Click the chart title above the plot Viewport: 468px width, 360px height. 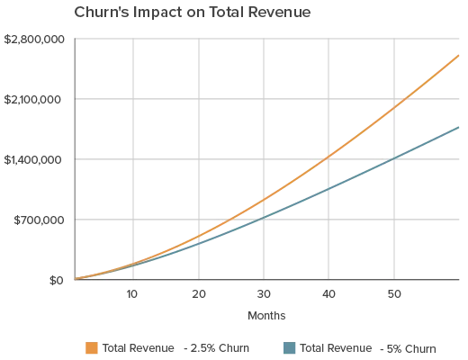pyautogui.click(x=193, y=14)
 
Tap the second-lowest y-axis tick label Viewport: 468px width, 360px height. pyautogui.click(x=36, y=220)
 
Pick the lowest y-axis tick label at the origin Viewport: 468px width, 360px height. pyautogui.click(x=54, y=281)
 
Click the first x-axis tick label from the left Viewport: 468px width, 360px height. pyautogui.click(x=133, y=294)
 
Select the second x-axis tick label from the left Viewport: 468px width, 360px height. pyautogui.click(x=198, y=294)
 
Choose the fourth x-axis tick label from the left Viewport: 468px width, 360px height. pyautogui.click(x=328, y=294)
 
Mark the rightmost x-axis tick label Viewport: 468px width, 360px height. pyautogui.click(x=392, y=294)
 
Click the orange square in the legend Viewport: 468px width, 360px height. pyautogui.click(x=91, y=347)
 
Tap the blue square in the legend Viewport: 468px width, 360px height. pyautogui.click(x=290, y=347)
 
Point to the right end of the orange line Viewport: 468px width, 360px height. pyautogui.click(x=460, y=54)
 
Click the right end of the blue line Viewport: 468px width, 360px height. pyautogui.click(x=460, y=127)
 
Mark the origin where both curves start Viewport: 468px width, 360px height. pyautogui.click(x=76, y=278)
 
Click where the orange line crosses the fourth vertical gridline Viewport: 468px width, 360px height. pyautogui.click(x=328, y=158)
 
